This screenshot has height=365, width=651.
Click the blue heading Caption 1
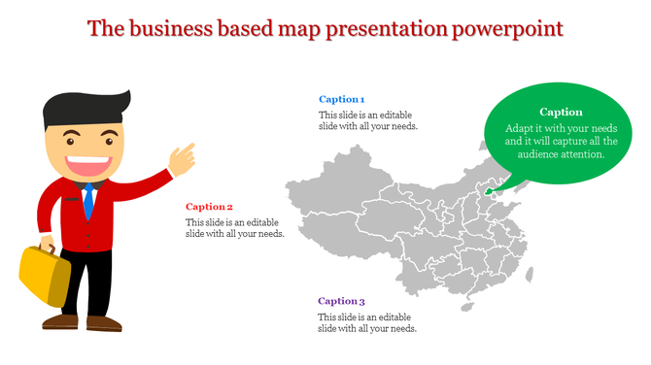(x=342, y=99)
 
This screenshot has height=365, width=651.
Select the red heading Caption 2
(x=210, y=206)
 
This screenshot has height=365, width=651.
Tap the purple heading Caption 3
(x=342, y=301)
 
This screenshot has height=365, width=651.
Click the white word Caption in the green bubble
(x=561, y=112)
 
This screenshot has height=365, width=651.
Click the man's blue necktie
(x=88, y=200)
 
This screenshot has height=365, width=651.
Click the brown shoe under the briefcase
(x=60, y=319)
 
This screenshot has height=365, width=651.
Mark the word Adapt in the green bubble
(x=522, y=128)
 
